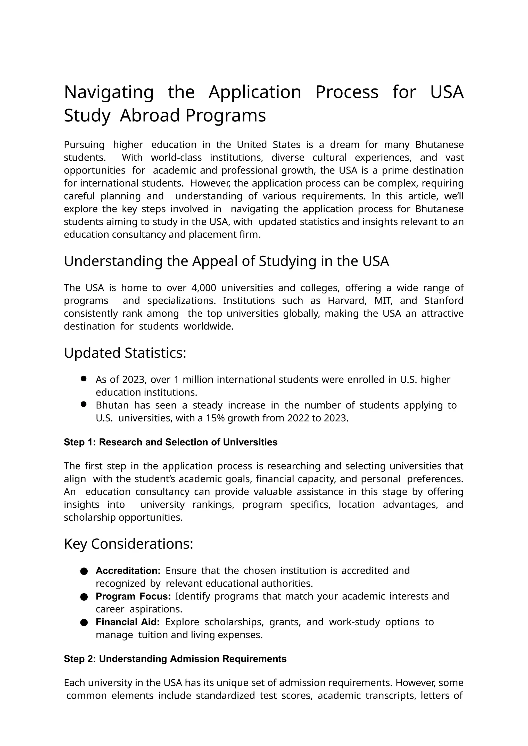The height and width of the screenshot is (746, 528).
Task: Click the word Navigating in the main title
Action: pos(109,92)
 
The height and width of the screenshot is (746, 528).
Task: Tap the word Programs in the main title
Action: pos(225,116)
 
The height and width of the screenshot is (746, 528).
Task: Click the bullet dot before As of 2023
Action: pos(84,379)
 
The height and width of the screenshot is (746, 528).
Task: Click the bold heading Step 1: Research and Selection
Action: pos(170,442)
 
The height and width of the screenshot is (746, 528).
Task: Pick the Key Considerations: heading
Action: pos(128,544)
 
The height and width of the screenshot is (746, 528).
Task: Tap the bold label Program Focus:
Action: pos(133,596)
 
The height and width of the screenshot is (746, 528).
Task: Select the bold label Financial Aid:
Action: pos(127,622)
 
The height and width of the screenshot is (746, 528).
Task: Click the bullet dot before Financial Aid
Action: pos(84,622)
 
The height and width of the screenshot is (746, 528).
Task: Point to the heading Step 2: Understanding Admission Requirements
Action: pos(175,659)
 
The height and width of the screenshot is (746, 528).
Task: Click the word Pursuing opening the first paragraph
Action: pos(84,145)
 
